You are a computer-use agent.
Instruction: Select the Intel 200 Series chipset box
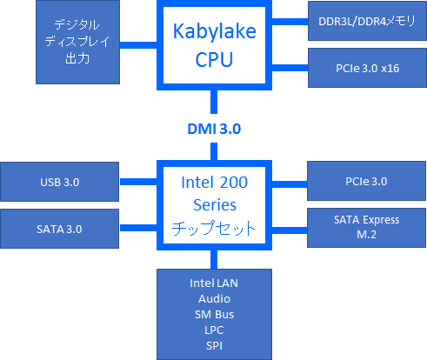(x=213, y=205)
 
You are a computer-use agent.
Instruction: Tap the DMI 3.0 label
(x=213, y=129)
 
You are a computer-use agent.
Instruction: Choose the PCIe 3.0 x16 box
(x=366, y=68)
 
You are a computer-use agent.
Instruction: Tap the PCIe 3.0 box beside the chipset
(x=366, y=182)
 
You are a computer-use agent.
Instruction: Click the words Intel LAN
(x=213, y=283)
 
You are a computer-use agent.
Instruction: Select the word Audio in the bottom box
(x=213, y=298)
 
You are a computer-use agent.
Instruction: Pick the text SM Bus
(x=213, y=314)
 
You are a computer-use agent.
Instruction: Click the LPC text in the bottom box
(x=213, y=329)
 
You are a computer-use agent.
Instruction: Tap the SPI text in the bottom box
(x=213, y=344)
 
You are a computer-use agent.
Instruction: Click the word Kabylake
(x=213, y=32)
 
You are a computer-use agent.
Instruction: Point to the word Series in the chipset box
(x=213, y=205)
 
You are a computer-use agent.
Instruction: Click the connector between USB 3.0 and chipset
(x=139, y=182)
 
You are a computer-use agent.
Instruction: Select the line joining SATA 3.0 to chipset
(x=139, y=228)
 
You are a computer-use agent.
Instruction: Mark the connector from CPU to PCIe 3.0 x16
(x=288, y=68)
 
